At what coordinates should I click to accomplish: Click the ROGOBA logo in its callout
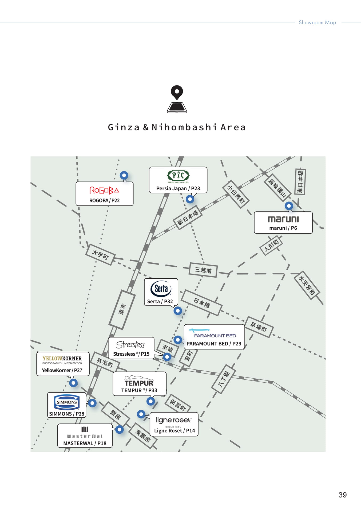point(104,190)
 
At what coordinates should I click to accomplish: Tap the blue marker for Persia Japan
point(190,199)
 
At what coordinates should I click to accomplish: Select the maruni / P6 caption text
point(283,228)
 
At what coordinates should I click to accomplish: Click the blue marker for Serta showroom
point(178,311)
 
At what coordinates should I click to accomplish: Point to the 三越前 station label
point(203,270)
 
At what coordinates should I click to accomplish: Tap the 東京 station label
point(122,309)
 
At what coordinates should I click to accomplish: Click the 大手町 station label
point(100,255)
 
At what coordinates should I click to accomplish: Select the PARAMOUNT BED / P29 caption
point(214,344)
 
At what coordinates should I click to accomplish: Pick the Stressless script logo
point(131,345)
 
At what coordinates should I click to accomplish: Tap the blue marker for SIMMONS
point(92,403)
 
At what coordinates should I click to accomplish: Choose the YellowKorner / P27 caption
point(62,370)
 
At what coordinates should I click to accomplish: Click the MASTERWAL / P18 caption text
point(85,443)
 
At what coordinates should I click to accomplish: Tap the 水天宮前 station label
point(307,285)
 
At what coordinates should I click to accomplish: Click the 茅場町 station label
point(259,327)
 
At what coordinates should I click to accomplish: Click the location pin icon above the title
point(177,99)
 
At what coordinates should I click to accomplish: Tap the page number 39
point(343,495)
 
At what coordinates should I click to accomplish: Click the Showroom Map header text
point(317,22)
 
